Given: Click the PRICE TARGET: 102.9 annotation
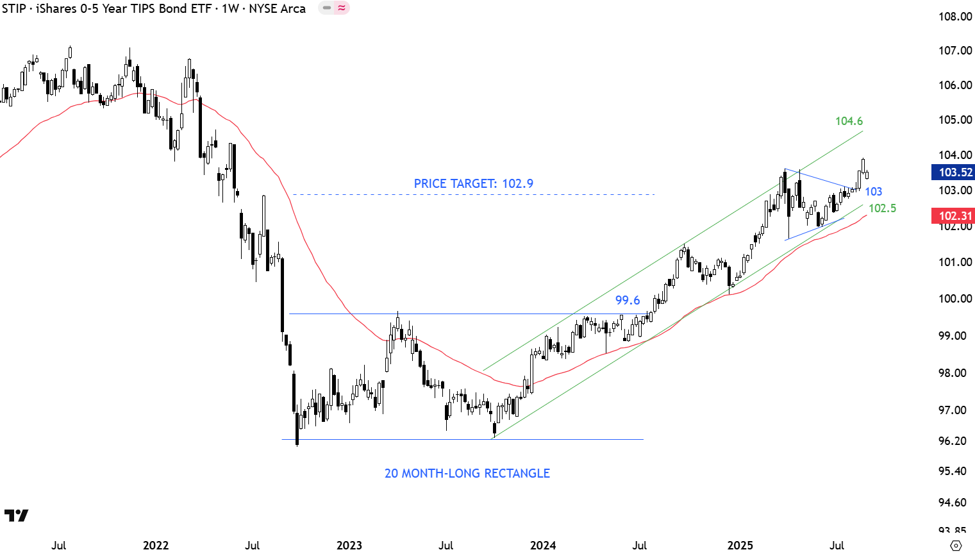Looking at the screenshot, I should coord(473,183).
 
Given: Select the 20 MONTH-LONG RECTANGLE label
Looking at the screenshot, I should coord(467,473).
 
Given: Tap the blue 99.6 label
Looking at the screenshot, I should coord(628,300).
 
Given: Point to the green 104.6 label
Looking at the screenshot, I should coord(849,121).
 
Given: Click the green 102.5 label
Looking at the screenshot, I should coord(882,208).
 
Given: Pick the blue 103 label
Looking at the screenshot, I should coord(873,192).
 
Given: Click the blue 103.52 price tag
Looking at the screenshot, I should coord(954,172).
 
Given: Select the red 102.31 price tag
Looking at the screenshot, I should coord(954,216).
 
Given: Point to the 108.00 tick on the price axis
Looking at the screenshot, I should coord(955,17).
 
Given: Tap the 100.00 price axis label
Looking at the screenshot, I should coord(955,299).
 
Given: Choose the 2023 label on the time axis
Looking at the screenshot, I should coord(349,546).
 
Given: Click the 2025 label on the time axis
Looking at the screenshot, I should coord(740,546).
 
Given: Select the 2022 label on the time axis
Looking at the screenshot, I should coord(156,546).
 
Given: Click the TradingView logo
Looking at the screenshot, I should coord(16,515).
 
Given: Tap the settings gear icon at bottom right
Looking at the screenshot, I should coord(956,546).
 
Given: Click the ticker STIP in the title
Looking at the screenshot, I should coord(14,8).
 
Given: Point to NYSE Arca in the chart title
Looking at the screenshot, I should coord(277,8).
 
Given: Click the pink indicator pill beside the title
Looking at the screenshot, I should coord(334,8).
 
